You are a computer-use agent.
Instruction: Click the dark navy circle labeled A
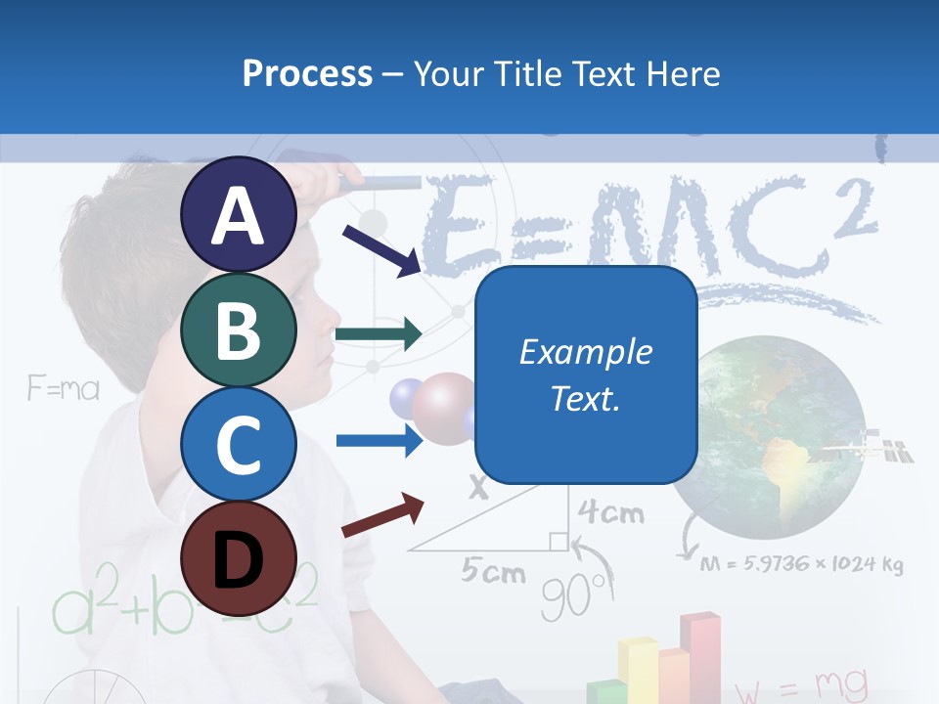pyautogui.click(x=239, y=215)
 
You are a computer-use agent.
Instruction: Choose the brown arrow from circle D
pyautogui.click(x=382, y=515)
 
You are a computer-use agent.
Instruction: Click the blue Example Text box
pyautogui.click(x=586, y=374)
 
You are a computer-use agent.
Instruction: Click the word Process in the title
pyautogui.click(x=307, y=73)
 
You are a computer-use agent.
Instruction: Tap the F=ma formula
pyautogui.click(x=64, y=390)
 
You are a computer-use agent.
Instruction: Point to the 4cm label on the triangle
pyautogui.click(x=611, y=511)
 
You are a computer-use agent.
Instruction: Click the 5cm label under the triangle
pyautogui.click(x=494, y=571)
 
